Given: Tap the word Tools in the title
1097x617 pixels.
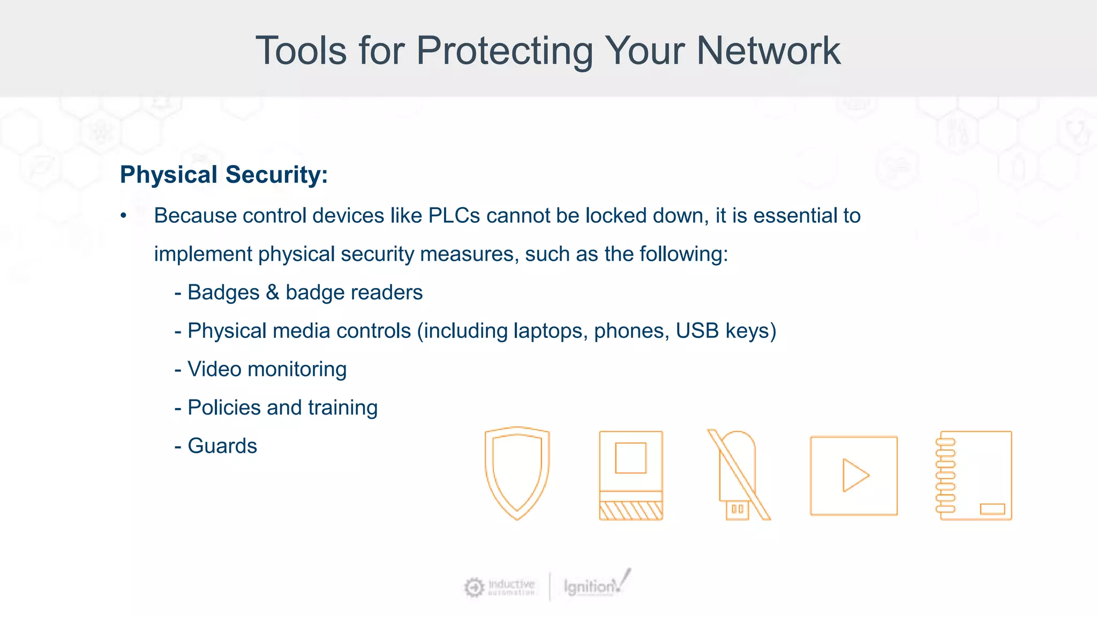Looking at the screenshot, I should pos(301,51).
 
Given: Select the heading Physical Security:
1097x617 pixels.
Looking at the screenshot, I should pos(223,175).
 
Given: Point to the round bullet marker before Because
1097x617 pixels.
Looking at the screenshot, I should pos(124,216).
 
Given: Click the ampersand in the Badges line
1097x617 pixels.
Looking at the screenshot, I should pos(273,292).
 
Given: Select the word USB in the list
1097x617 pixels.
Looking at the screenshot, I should pos(697,331).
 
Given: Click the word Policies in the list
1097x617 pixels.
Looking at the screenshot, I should pos(224,408).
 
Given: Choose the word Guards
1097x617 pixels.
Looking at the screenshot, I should pos(222,446).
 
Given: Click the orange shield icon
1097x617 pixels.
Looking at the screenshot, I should pos(517,473).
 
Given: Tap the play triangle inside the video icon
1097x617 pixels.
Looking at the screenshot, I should pos(855,475).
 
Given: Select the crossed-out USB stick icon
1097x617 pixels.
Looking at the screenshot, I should pos(739,475).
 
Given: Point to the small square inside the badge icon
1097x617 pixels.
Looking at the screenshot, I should pos(630,458).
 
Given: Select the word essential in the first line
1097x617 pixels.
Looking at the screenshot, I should pos(795,216).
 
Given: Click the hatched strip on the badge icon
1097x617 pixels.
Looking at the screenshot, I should pos(631,510).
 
